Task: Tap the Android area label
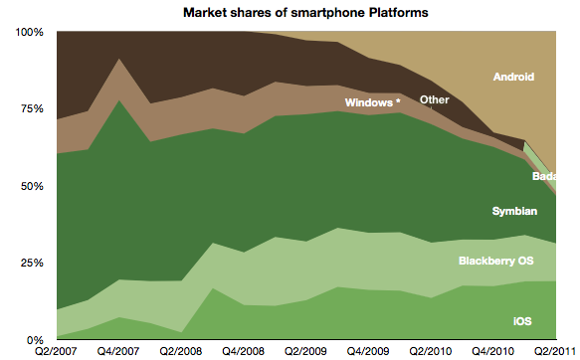(513, 77)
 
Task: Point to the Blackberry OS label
(494, 261)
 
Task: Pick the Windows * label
(372, 102)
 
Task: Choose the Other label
(435, 99)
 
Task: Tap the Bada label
(545, 177)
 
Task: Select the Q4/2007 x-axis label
(119, 352)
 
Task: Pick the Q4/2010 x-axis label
(491, 352)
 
